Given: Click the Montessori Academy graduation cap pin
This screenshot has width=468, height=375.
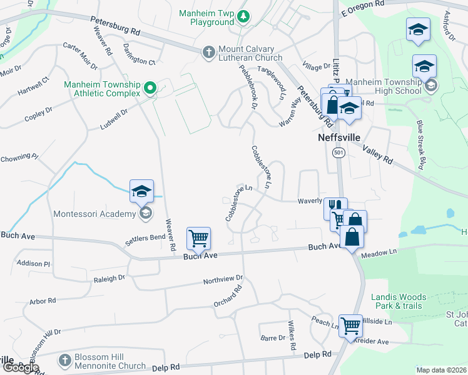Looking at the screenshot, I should [141, 192].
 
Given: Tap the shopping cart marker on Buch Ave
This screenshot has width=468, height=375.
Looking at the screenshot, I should [198, 238].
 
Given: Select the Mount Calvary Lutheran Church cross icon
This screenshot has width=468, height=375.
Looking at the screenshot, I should [209, 52].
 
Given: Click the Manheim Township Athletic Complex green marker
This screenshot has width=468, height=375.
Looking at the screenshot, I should [150, 87].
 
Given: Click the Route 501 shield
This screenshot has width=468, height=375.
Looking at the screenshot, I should [338, 154].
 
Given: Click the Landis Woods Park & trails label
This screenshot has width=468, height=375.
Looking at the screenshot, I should [399, 301].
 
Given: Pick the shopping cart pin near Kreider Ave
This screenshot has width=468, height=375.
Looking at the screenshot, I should [350, 324].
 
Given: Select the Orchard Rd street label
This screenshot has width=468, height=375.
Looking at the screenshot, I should [227, 296].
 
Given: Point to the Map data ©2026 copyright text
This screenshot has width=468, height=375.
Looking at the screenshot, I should [442, 370].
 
